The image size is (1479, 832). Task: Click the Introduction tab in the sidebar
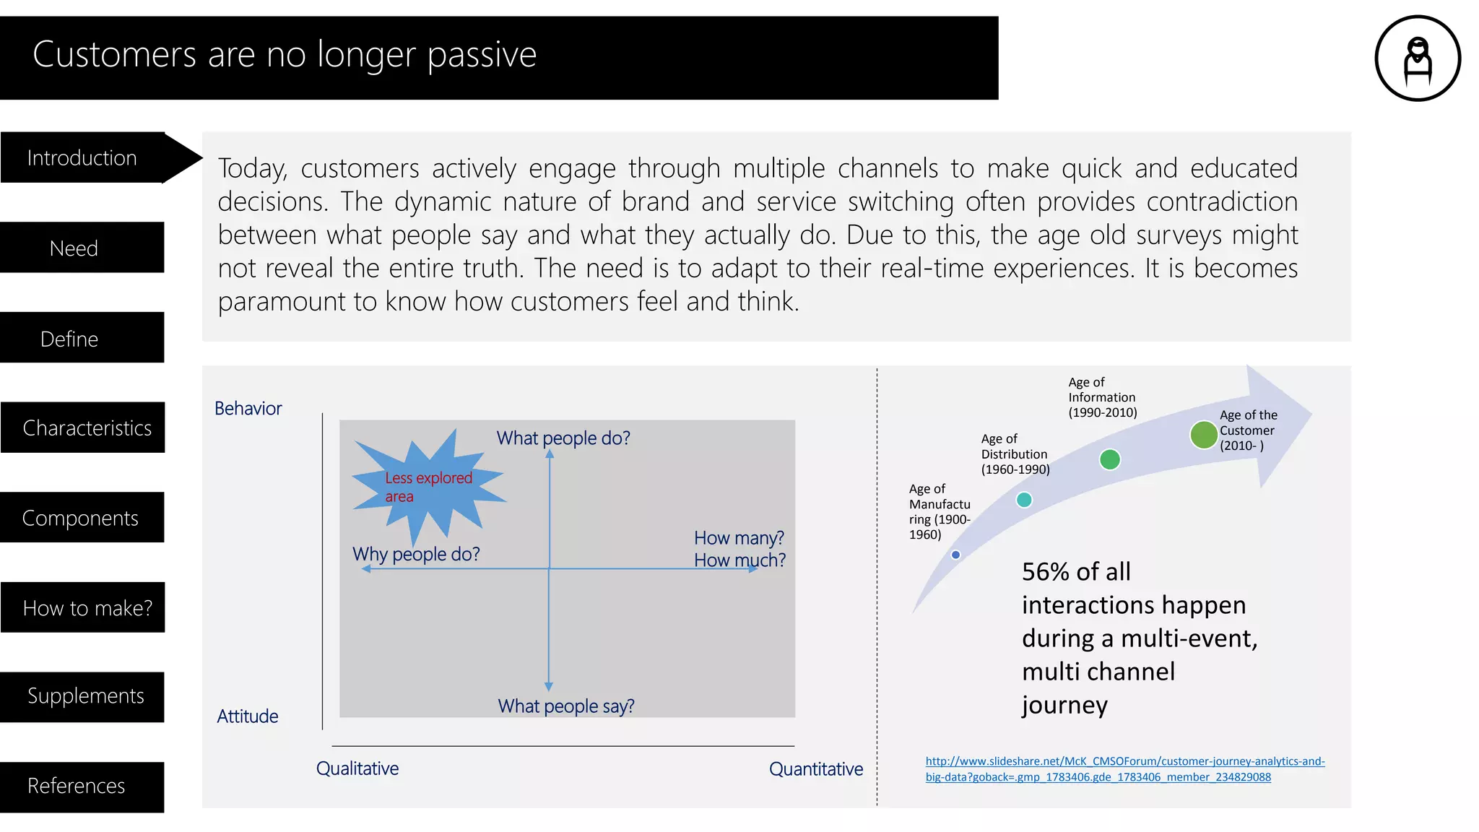click(82, 157)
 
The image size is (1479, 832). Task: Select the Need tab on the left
click(74, 248)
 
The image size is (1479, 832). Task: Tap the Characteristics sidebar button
click(87, 428)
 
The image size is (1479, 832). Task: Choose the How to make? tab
click(87, 607)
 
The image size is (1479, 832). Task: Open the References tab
click(76, 786)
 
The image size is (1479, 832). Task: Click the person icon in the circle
click(1418, 58)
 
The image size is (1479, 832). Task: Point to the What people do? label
click(563, 438)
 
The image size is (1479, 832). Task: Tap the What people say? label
click(565, 706)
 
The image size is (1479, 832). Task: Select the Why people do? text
click(416, 554)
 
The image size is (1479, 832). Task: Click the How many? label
click(739, 538)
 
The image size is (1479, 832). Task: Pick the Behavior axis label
click(248, 408)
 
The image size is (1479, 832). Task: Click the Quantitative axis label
click(815, 768)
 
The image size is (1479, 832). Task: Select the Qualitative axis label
click(357, 768)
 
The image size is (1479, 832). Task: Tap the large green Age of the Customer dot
click(1203, 435)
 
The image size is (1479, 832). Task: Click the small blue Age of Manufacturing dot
click(955, 555)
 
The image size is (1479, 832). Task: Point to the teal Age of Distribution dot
click(1024, 500)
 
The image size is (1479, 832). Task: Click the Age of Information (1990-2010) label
click(1102, 397)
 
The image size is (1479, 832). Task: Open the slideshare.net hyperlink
click(1124, 768)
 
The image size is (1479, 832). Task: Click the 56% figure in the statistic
click(1045, 572)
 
